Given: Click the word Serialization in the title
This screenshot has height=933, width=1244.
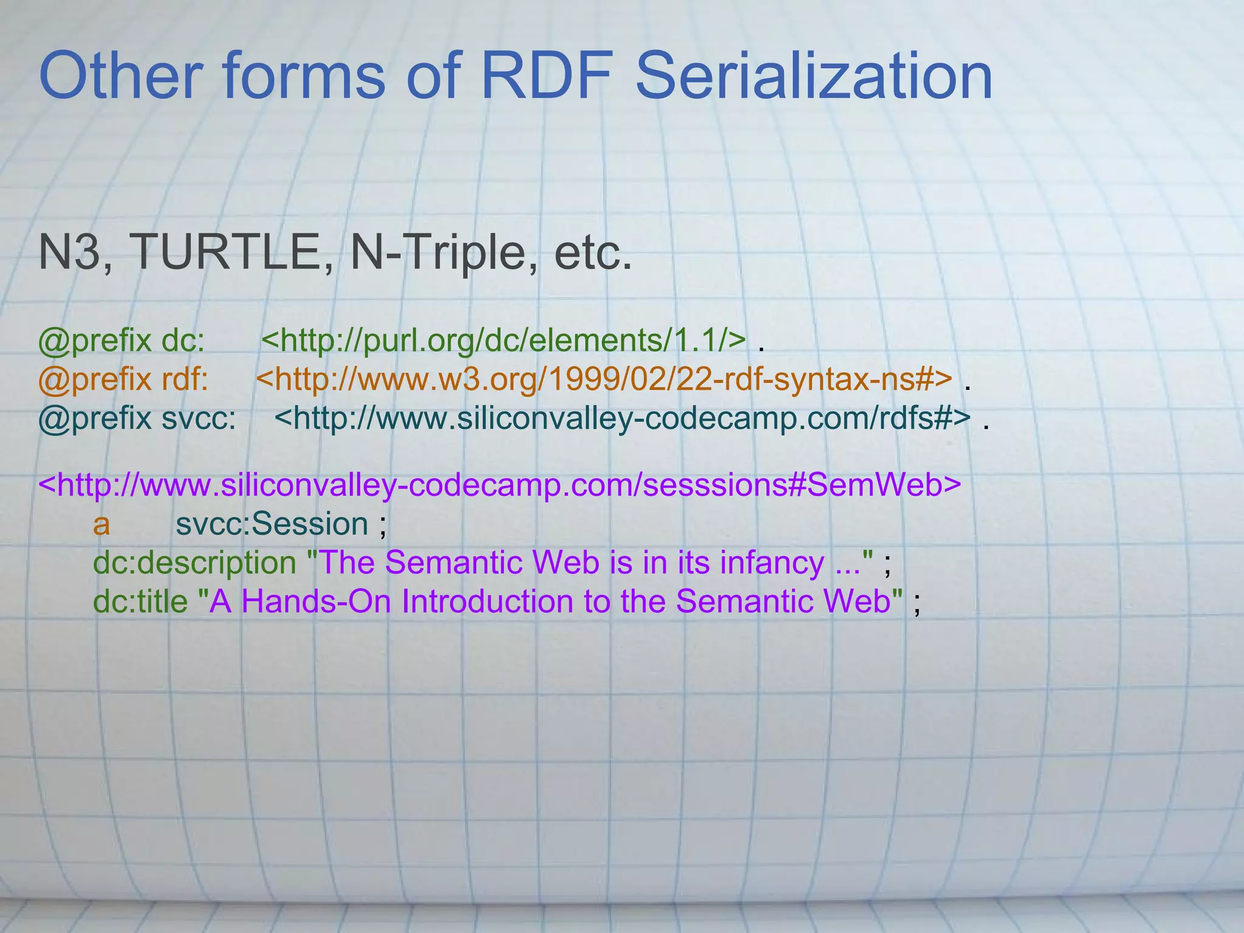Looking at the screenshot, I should (x=813, y=77).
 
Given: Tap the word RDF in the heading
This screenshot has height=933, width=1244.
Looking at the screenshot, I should (x=546, y=77).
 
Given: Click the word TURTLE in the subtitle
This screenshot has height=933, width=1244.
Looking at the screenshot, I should (x=231, y=253).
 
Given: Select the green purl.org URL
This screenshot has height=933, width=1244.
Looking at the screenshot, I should (x=504, y=341).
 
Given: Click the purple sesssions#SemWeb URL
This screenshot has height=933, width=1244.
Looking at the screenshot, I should (x=500, y=485).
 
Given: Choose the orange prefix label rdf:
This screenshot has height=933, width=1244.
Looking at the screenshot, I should (x=185, y=380).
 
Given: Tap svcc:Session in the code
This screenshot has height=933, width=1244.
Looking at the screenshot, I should (x=272, y=524).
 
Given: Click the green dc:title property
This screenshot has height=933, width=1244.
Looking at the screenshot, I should (x=140, y=601).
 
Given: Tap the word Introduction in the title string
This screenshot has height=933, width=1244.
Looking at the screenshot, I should (x=487, y=601).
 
